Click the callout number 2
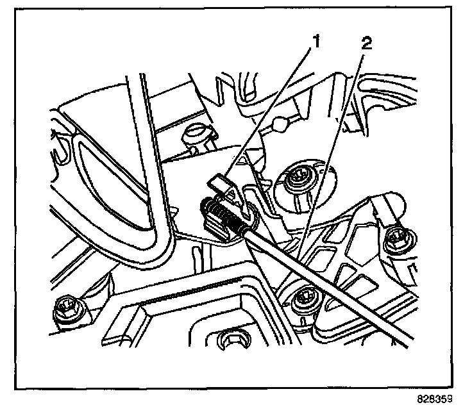366,44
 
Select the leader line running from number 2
330,147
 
